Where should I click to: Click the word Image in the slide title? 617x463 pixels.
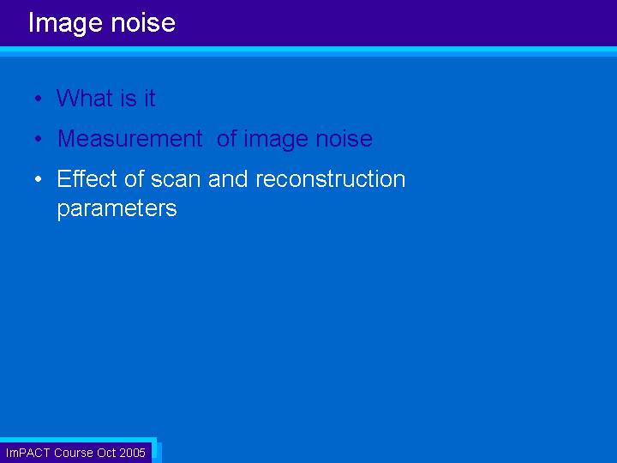pos(65,23)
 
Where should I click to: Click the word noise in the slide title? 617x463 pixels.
pos(143,22)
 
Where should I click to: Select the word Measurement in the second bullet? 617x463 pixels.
pos(130,138)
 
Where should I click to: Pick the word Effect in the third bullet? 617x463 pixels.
pos(87,178)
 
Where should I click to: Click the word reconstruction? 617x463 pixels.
pos(331,178)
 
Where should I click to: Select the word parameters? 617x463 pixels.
pos(117,208)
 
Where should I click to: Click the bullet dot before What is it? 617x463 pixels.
pos(39,98)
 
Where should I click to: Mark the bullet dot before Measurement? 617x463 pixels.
pos(39,139)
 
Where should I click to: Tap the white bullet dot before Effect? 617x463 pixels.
pos(39,179)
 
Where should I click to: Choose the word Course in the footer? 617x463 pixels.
pos(73,453)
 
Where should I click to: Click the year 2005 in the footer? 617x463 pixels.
pos(133,453)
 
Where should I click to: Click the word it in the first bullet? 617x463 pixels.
pos(149,98)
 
